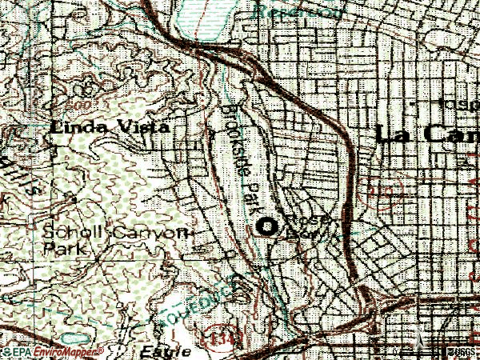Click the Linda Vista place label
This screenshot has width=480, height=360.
coord(110,127)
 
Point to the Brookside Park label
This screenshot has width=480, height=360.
coord(240,160)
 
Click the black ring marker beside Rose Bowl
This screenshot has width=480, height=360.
coord(266,227)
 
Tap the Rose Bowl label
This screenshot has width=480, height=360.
coord(308,226)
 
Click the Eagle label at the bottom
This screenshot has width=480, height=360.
coord(165,351)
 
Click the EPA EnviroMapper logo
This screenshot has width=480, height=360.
coord(53,352)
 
